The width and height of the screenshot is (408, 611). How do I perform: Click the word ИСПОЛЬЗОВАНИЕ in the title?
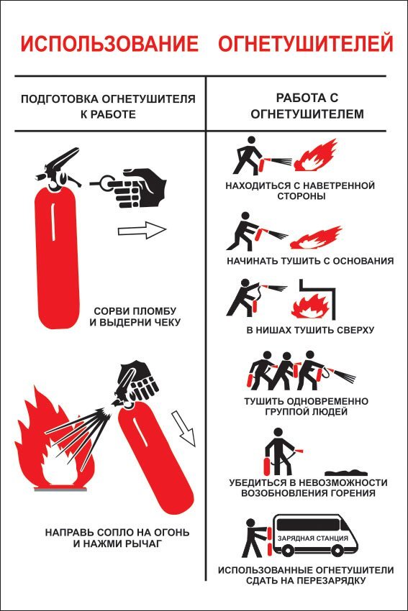click(109, 44)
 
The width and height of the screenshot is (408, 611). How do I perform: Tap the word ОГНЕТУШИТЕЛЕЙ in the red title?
click(305, 44)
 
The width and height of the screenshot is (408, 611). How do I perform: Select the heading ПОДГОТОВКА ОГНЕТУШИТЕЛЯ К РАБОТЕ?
click(108, 106)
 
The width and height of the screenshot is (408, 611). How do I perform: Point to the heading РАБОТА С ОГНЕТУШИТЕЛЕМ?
click(307, 106)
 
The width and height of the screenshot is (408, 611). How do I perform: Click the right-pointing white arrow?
click(142, 230)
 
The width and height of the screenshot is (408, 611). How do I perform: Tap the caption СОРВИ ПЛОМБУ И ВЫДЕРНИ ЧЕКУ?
click(135, 317)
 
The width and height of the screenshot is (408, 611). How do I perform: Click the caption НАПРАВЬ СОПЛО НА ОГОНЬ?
click(117, 532)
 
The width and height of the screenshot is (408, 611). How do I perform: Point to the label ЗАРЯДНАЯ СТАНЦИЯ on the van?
click(312, 538)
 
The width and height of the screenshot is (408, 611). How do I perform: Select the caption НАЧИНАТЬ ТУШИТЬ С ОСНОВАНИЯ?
click(310, 261)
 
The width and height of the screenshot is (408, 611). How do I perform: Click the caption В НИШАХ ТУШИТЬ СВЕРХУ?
click(310, 330)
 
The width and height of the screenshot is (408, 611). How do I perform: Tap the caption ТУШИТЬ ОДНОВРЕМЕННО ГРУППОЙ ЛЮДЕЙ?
click(307, 406)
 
